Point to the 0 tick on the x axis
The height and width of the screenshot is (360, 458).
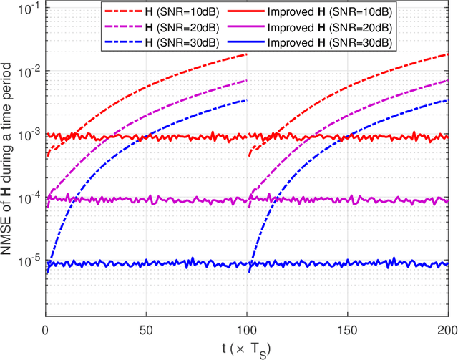coord(45,331)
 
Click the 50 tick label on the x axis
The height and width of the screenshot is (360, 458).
coord(146,331)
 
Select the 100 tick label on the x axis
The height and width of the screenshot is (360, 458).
coord(247,331)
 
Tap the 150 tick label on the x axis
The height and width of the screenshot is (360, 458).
coord(347,331)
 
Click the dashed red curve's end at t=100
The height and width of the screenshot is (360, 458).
coord(247,54)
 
